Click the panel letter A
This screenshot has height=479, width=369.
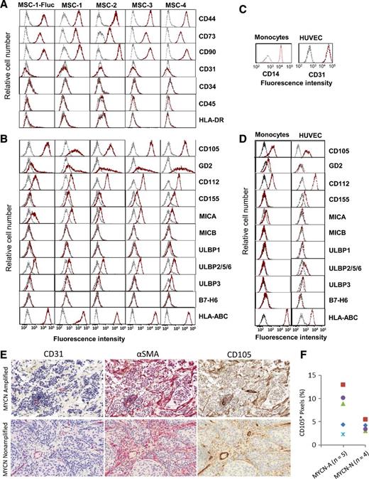point(6,6)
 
